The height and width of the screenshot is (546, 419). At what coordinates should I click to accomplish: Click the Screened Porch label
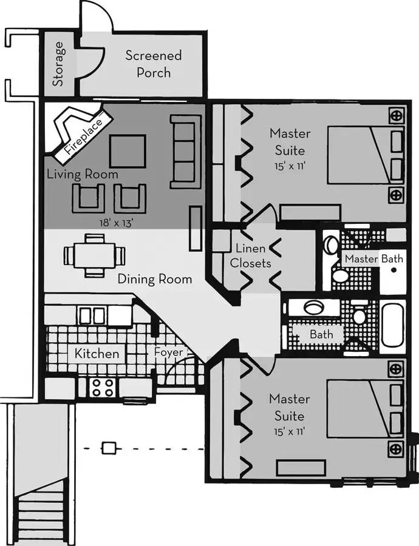[153, 64]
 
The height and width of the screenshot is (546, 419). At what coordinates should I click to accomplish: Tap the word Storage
[58, 64]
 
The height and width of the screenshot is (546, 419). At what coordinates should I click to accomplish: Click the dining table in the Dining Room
[95, 255]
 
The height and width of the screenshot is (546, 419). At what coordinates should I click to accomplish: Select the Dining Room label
[154, 279]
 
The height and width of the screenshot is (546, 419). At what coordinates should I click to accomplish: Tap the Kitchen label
[97, 353]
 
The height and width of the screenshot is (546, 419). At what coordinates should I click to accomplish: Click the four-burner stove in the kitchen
[103, 387]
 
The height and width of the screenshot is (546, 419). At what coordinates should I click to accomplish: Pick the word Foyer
[168, 352]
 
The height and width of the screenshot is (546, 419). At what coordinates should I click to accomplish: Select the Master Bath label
[373, 259]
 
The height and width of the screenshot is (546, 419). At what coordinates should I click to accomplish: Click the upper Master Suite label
[290, 141]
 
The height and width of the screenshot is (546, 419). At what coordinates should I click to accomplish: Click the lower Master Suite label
[289, 408]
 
